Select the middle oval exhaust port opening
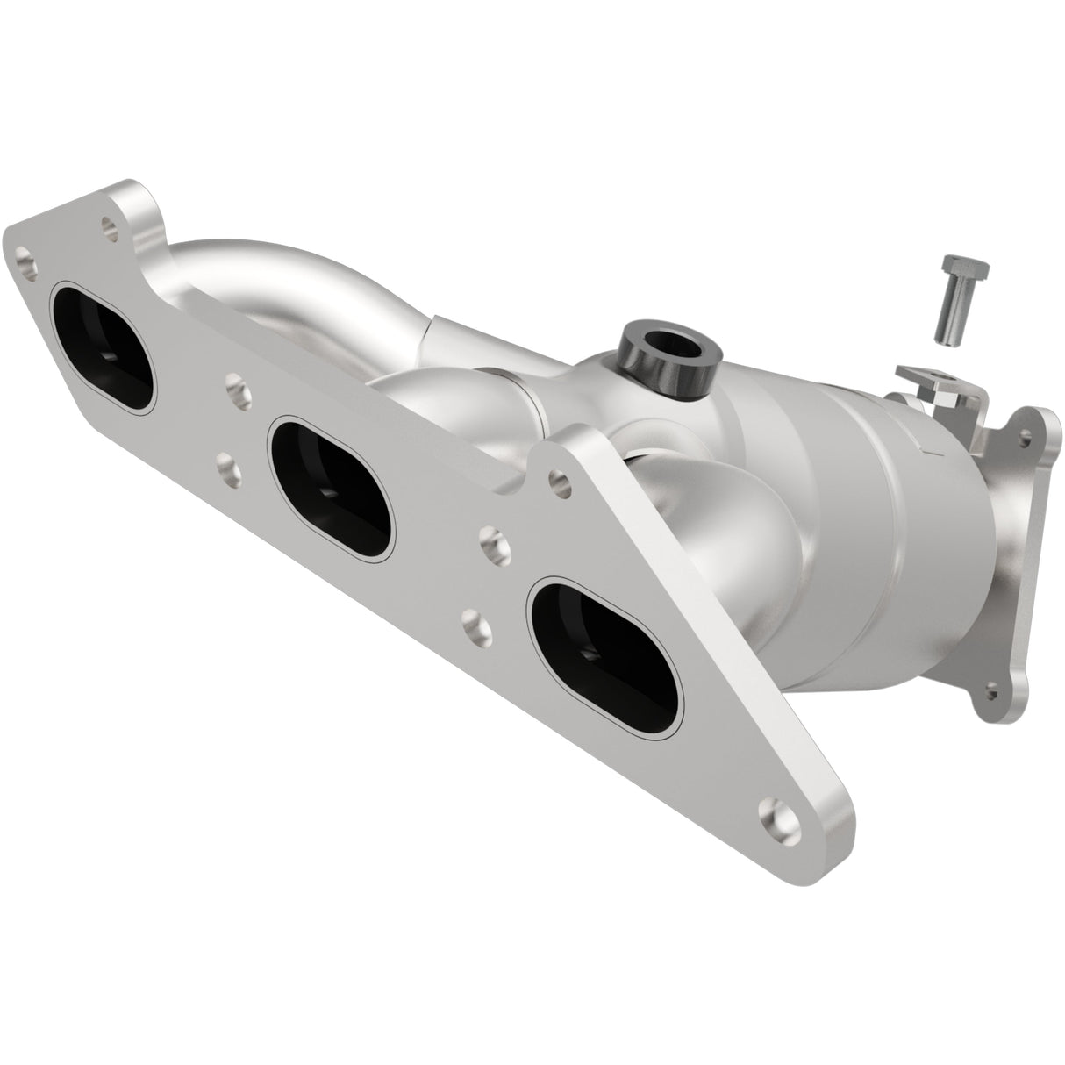point(332,487)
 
